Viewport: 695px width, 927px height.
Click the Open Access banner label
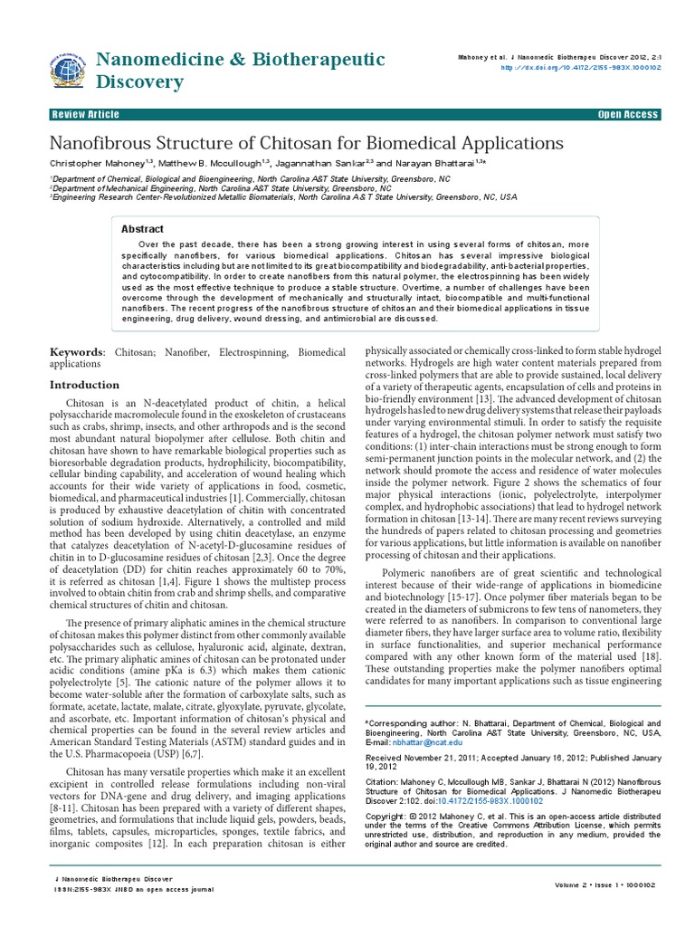pyautogui.click(x=628, y=115)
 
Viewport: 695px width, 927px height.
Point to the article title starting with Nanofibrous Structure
pyautogui.click(x=306, y=143)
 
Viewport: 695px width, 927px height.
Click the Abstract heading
pyautogui.click(x=143, y=229)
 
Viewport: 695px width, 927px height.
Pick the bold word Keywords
pyautogui.click(x=76, y=351)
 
